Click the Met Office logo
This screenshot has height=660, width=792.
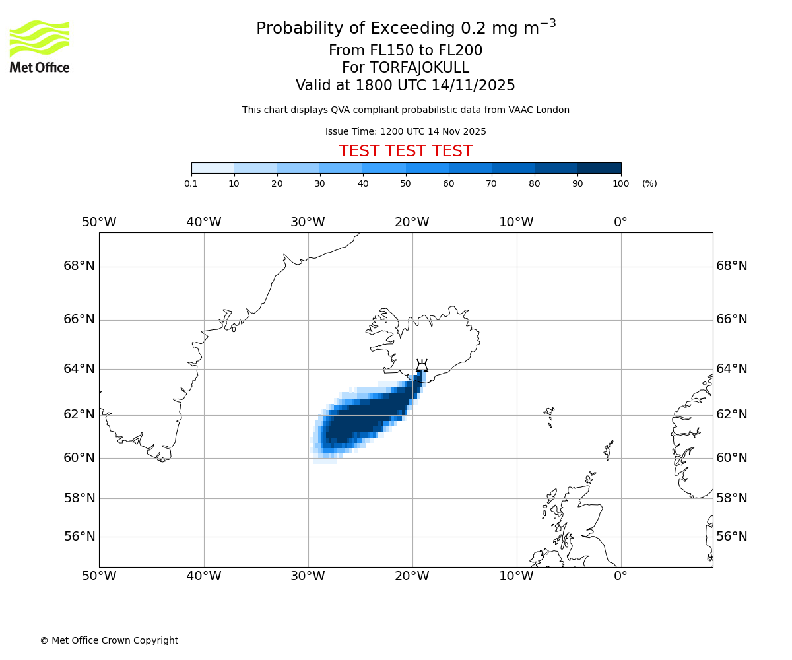[x=40, y=46]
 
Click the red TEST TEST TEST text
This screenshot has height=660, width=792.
[x=405, y=151]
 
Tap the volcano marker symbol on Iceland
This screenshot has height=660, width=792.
[x=422, y=366]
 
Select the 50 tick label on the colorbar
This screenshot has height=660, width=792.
[x=405, y=183]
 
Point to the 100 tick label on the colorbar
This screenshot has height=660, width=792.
[x=620, y=183]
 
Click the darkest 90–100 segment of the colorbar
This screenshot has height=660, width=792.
[x=599, y=168]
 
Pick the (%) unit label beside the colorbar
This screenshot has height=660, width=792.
[x=649, y=183]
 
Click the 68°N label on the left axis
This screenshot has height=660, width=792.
[x=79, y=266]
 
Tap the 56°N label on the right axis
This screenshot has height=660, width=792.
[x=732, y=537]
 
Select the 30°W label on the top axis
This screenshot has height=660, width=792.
[x=308, y=222]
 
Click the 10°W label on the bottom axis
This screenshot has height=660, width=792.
[x=516, y=576]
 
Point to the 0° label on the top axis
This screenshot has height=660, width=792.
[x=620, y=222]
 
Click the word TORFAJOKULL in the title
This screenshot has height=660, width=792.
[x=419, y=68]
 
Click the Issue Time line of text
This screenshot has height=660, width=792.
[x=405, y=131]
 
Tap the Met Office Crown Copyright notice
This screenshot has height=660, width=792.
[x=109, y=640]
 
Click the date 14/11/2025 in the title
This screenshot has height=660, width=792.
[x=473, y=85]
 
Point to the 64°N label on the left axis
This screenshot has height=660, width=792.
[x=79, y=368]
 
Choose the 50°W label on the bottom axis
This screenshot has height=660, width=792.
[x=99, y=576]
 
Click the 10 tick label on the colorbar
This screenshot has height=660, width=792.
[x=234, y=183]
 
